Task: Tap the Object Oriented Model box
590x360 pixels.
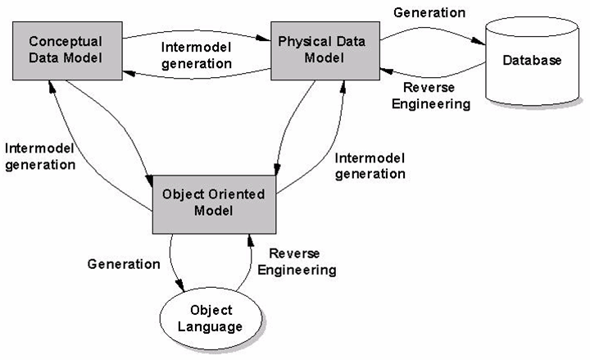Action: point(214,203)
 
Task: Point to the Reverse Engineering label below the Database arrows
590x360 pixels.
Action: point(433,96)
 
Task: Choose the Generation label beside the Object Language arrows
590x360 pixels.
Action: point(124,263)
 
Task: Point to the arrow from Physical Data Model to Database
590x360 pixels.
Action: point(426,33)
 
